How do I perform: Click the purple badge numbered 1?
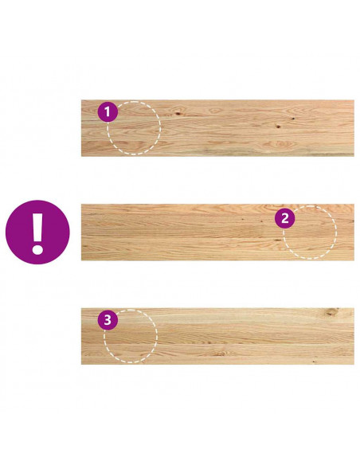coord(108,111)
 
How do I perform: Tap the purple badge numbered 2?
coord(284,218)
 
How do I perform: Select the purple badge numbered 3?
coord(108,320)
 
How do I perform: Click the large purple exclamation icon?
coord(37,232)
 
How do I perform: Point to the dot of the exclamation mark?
coord(37,249)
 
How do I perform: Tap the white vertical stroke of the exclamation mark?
coord(37,227)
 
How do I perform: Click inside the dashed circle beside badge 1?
coord(134,128)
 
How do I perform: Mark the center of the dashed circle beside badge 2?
coord(310,232)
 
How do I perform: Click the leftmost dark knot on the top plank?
coord(178,113)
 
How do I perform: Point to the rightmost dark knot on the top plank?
coord(293,119)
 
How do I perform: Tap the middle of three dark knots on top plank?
coord(278,127)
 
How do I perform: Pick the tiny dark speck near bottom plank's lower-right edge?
coord(315,361)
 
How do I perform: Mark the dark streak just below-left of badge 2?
coord(278,240)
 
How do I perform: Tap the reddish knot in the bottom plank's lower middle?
coord(222,354)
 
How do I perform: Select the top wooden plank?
coord(217,128)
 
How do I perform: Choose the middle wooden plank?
coord(217,232)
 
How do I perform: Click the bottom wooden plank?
coord(217,336)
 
